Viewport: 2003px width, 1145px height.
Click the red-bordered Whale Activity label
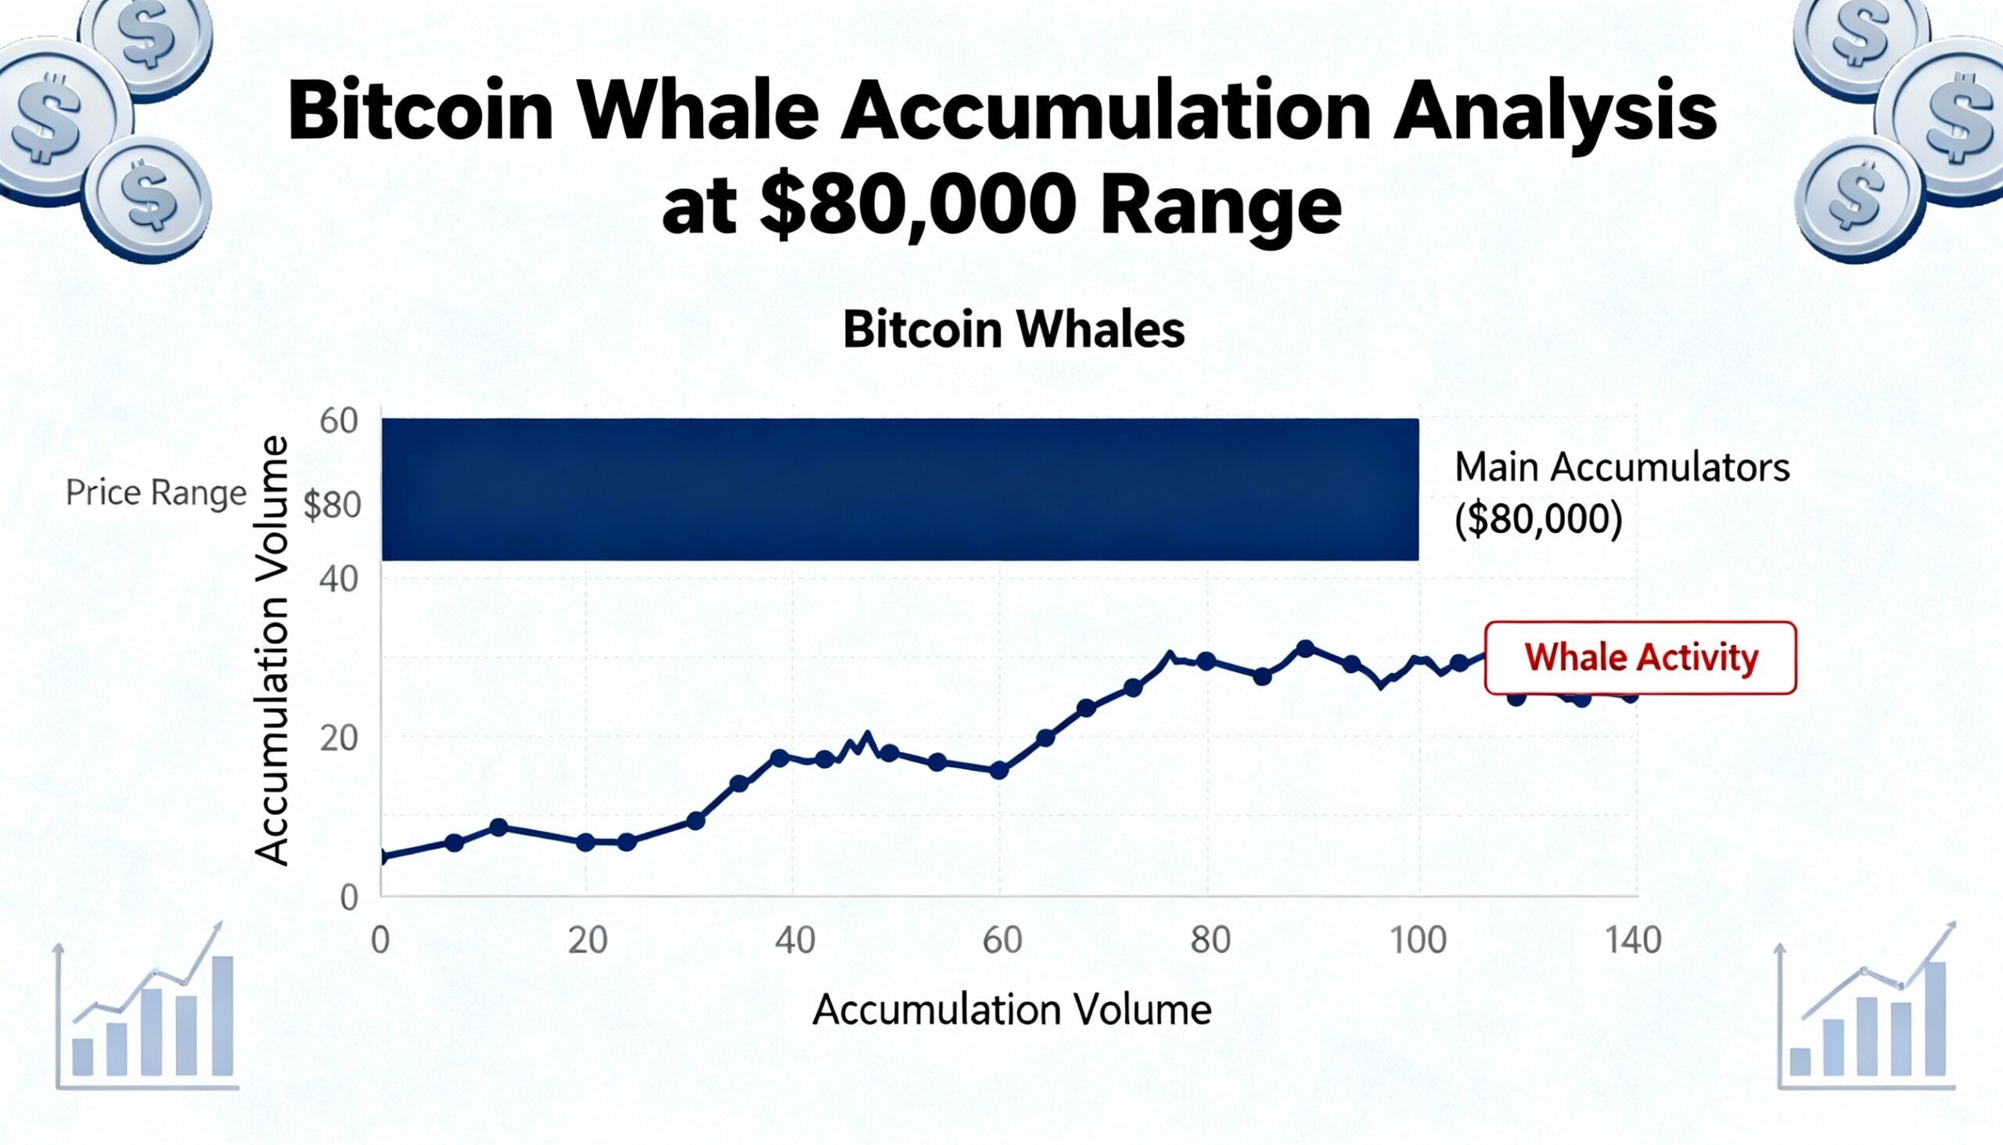coord(1640,657)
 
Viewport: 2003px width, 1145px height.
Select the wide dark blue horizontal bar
coord(899,489)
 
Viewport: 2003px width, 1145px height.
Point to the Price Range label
coord(156,493)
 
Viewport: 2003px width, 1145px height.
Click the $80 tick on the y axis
coord(332,506)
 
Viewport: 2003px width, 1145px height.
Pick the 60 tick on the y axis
coord(339,422)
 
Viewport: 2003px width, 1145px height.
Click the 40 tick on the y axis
coord(339,580)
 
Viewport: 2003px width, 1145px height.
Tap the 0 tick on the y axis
coord(348,897)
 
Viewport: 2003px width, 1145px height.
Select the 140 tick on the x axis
coord(1634,941)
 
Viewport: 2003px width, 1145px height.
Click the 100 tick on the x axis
coord(1418,941)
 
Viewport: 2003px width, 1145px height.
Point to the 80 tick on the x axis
coord(1210,941)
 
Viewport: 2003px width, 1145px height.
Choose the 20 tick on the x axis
coord(588,941)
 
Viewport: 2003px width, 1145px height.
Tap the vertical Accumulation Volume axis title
coord(273,651)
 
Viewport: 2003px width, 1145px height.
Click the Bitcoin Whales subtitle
coord(1013,330)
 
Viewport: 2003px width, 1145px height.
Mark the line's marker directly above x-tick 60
coord(998,771)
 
